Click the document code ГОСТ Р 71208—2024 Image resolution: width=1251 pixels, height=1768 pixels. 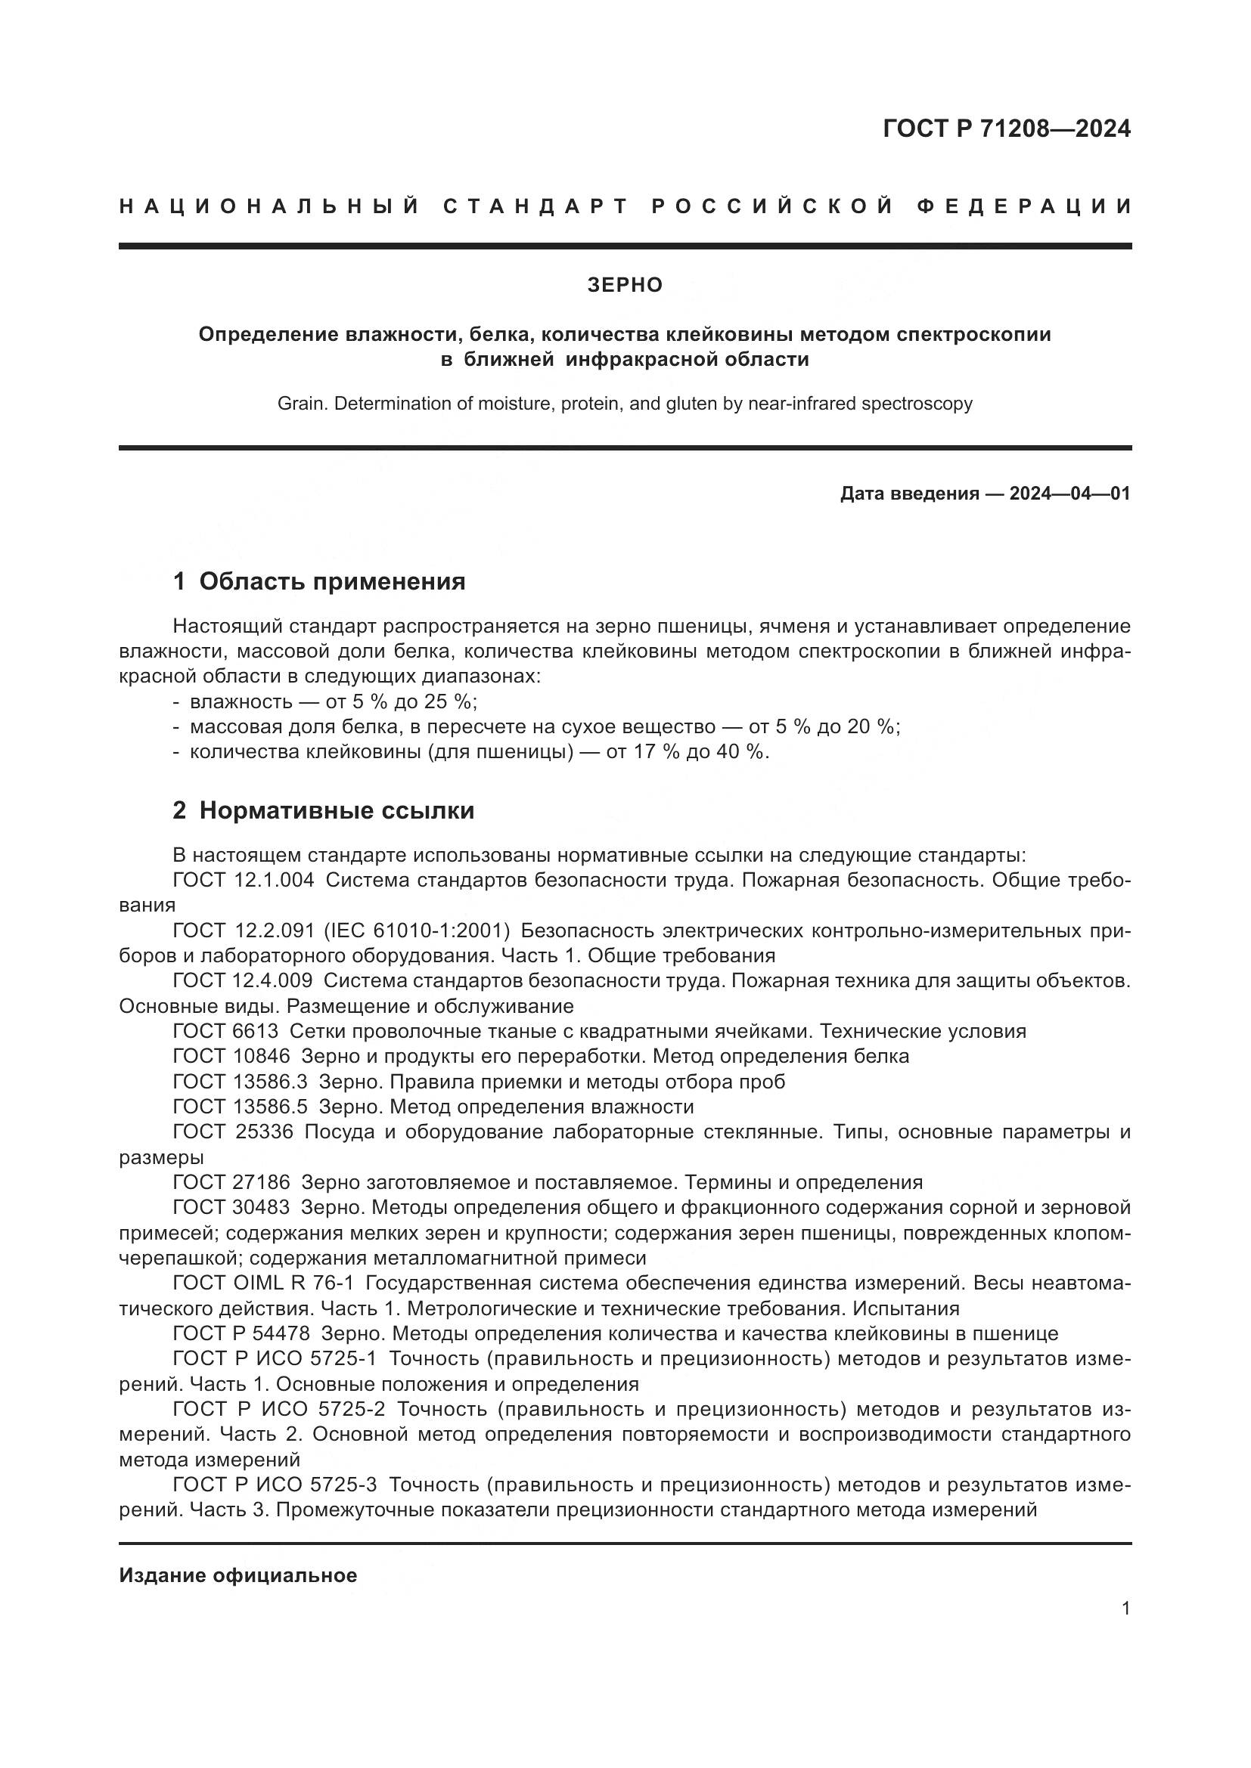[1006, 128]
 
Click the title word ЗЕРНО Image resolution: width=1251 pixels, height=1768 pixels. [625, 285]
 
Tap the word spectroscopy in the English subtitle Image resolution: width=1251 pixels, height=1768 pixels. [917, 404]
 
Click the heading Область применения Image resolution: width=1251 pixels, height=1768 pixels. [332, 581]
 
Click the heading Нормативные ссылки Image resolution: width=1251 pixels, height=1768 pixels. [337, 810]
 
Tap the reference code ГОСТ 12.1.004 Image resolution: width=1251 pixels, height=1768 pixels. [244, 880]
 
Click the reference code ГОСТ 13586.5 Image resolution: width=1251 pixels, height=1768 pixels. [240, 1107]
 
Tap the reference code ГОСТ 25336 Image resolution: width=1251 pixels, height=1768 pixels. [233, 1132]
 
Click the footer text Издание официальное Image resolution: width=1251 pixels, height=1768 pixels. [238, 1575]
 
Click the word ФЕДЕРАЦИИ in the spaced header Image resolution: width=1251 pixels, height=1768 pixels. [1024, 206]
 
